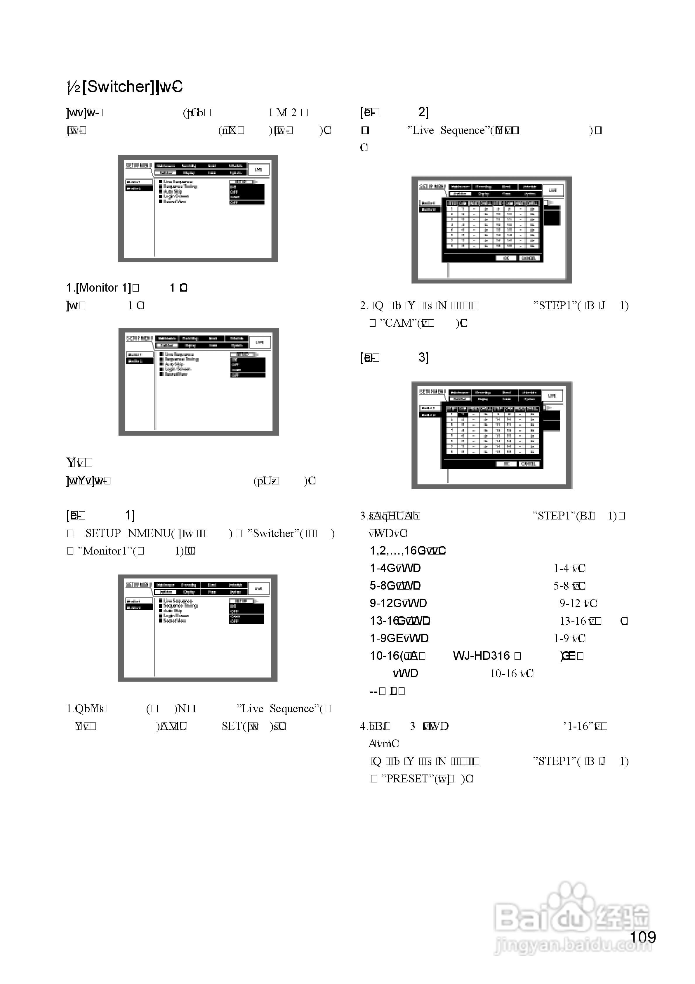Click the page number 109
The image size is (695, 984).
pyautogui.click(x=643, y=937)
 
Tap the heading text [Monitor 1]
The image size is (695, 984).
pyautogui.click(x=104, y=287)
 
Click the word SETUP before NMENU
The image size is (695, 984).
pyautogui.click(x=103, y=533)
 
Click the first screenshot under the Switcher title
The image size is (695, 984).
pyautogui.click(x=198, y=209)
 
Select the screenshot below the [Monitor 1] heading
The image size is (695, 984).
pyautogui.click(x=198, y=382)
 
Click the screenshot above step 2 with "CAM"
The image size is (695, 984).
pyautogui.click(x=491, y=230)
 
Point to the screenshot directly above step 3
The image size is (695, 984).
pyautogui.click(x=491, y=435)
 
